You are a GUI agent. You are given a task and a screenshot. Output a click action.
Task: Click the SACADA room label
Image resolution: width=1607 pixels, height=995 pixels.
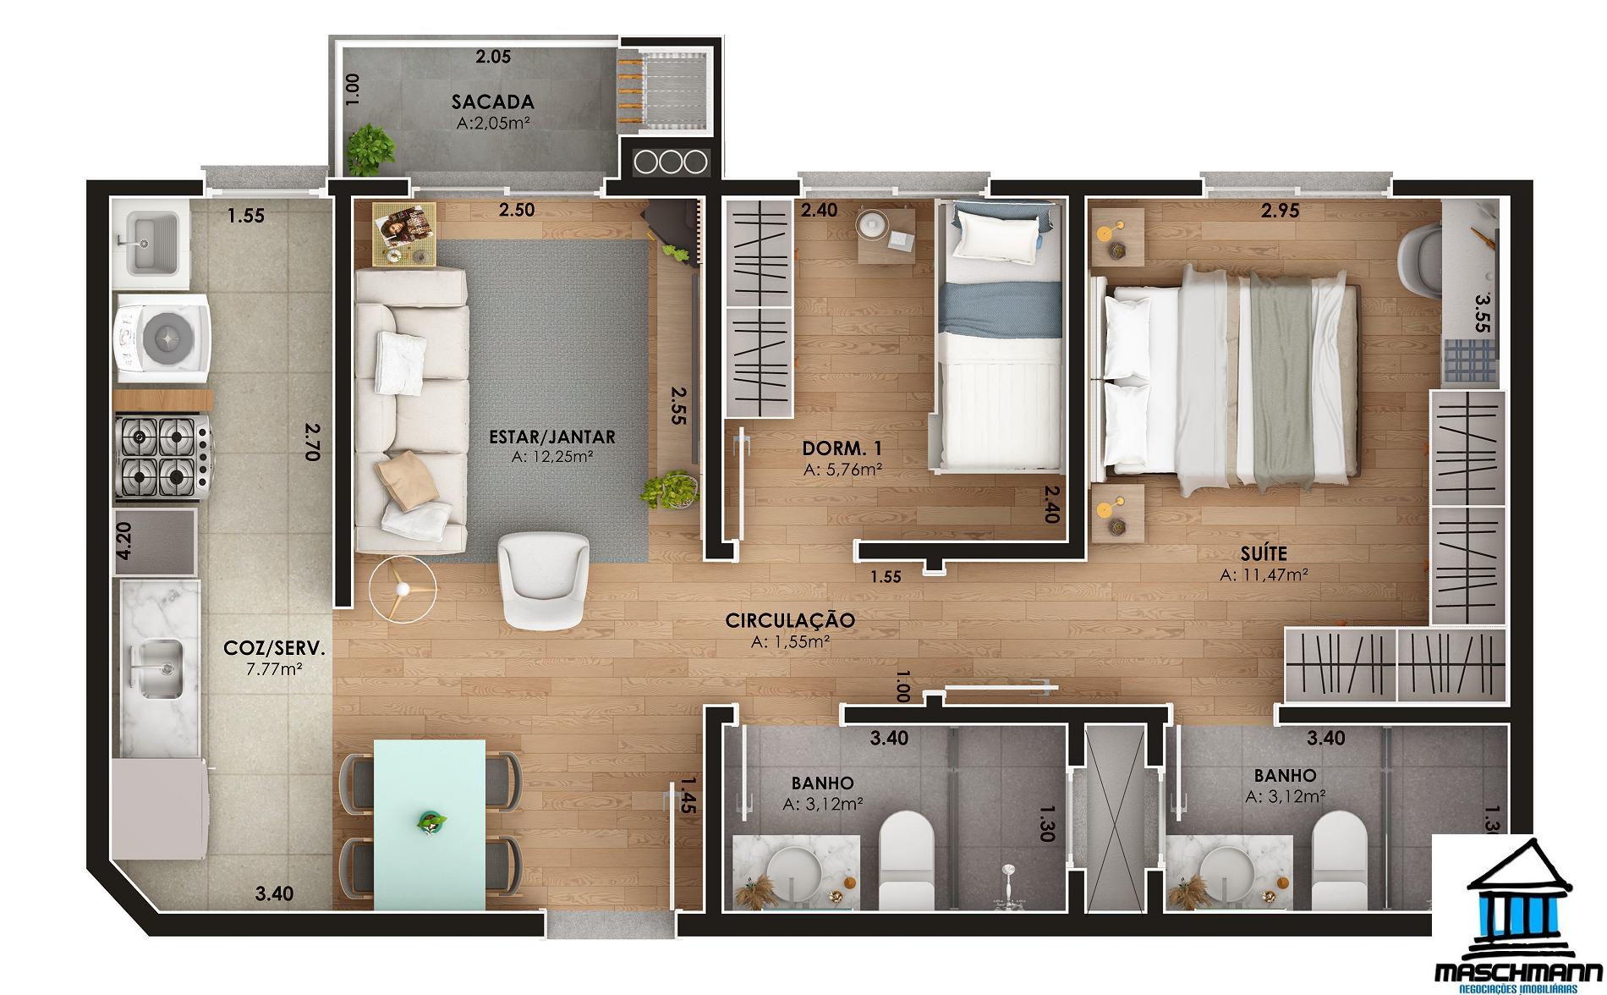(492, 102)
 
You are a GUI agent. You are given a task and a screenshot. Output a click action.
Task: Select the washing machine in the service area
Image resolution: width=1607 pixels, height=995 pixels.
(162, 336)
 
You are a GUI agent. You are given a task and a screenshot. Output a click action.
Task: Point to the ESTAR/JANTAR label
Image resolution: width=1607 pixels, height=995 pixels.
(551, 437)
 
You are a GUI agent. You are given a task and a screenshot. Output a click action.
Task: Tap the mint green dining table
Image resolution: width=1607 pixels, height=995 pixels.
(430, 820)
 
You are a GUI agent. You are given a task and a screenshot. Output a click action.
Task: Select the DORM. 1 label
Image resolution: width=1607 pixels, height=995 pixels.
(842, 448)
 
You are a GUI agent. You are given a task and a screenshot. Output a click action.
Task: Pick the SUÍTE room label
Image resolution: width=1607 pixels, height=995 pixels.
(1264, 554)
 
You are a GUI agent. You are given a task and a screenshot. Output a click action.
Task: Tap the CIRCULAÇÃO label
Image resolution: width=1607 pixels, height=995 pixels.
(790, 620)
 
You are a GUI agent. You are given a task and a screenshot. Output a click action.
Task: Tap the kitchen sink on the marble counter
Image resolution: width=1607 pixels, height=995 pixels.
(158, 668)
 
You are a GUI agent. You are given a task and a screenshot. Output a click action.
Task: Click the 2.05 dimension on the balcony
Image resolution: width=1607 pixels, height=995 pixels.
(492, 58)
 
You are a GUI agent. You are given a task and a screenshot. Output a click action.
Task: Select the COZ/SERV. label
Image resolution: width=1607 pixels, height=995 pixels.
(274, 648)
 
